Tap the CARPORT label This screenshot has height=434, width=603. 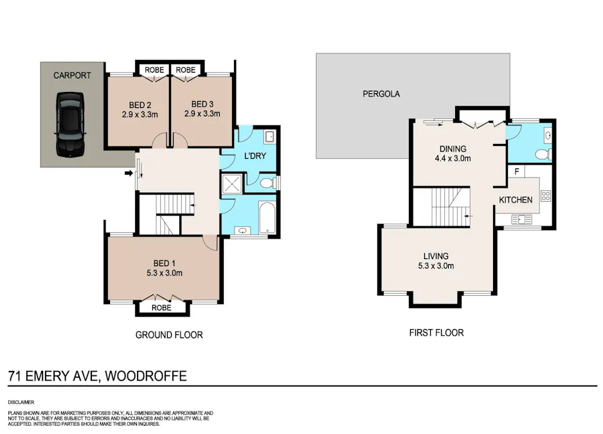pyautogui.click(x=72, y=75)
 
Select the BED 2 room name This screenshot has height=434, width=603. pyautogui.click(x=139, y=104)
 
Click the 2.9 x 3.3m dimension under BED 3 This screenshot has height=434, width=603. pyautogui.click(x=202, y=114)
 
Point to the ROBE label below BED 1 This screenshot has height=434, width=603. pyautogui.click(x=162, y=308)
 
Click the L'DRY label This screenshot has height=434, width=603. pyautogui.click(x=255, y=157)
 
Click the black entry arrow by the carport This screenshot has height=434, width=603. pyautogui.click(x=129, y=172)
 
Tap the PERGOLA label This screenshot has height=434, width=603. pyautogui.click(x=381, y=94)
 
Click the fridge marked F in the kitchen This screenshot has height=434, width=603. pyautogui.click(x=516, y=172)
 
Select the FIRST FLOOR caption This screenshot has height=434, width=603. pyautogui.click(x=436, y=332)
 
